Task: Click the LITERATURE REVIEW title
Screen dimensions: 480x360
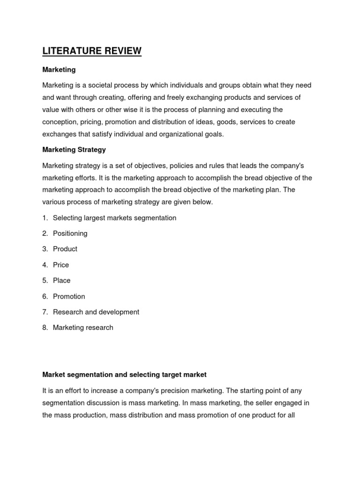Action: [x=92, y=51]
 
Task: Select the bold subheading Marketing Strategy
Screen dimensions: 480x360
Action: [x=74, y=150]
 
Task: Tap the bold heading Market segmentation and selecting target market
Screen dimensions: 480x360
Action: [x=124, y=375]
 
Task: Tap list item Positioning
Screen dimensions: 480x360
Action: [x=70, y=233]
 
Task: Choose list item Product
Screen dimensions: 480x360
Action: [x=65, y=249]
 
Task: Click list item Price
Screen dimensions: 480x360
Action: [x=61, y=265]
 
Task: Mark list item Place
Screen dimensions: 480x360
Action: [x=62, y=280]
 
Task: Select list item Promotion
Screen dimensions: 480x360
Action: [x=69, y=296]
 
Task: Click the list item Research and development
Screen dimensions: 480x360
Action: [x=96, y=312]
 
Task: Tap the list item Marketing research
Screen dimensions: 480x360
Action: [x=83, y=328]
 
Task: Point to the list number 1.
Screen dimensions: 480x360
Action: [x=45, y=218]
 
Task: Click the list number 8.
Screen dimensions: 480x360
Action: [x=45, y=328]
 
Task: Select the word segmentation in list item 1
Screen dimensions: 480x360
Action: [x=155, y=218]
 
